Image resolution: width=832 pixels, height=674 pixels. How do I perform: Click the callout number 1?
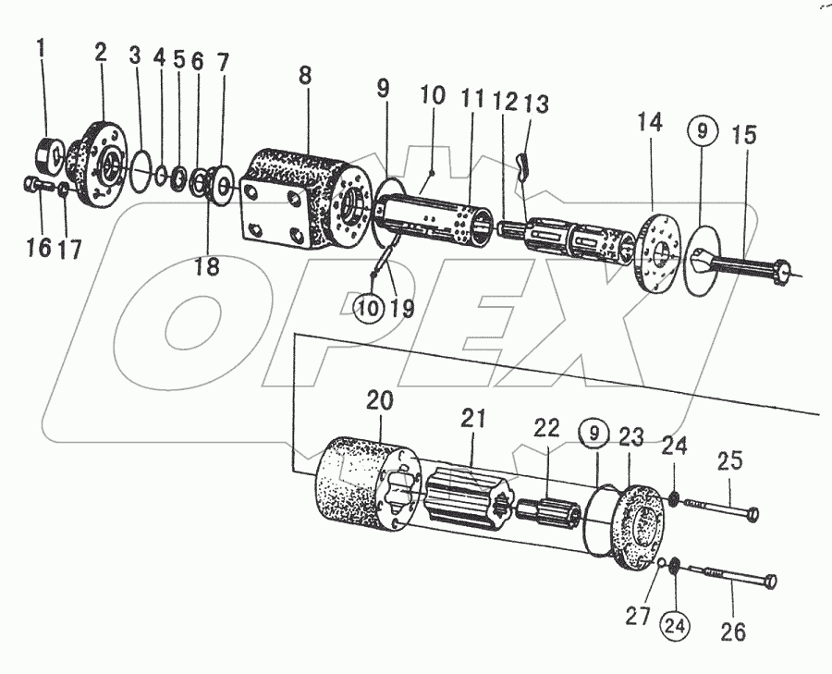41,45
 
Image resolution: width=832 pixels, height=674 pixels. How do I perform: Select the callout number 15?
743,135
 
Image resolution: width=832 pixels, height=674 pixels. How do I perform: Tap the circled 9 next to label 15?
702,132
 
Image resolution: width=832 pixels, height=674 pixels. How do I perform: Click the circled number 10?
368,308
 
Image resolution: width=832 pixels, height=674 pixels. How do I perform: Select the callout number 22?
547,427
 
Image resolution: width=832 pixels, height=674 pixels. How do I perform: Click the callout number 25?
730,460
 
